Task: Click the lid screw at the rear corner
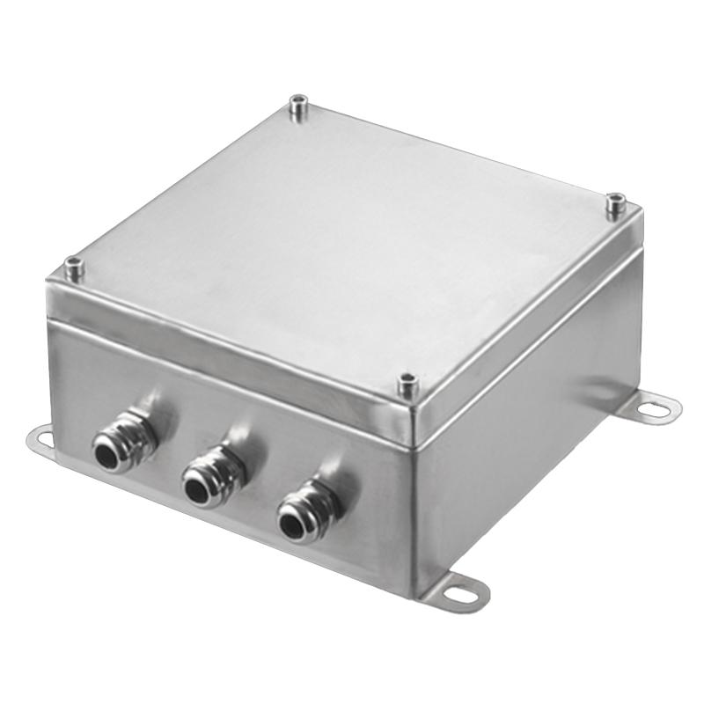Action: pyautogui.click(x=299, y=108)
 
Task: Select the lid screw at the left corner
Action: pyautogui.click(x=74, y=268)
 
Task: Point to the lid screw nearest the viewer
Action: pyautogui.click(x=407, y=385)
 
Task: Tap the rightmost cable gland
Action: pyautogui.click(x=301, y=515)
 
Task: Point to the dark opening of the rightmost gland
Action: pyautogui.click(x=291, y=524)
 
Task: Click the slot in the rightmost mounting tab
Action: pyautogui.click(x=656, y=407)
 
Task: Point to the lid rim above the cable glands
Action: pyautogui.click(x=220, y=352)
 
